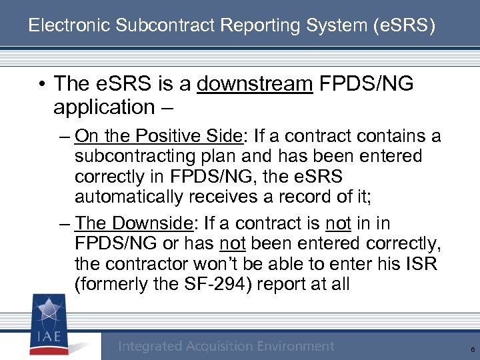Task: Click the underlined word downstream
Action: tap(255, 83)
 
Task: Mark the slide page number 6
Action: tap(472, 349)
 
